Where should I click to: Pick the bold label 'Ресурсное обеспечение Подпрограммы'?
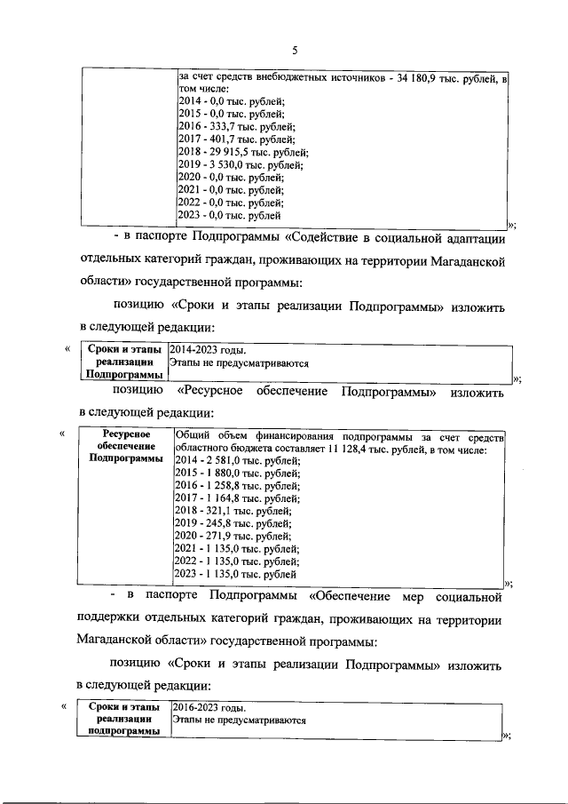(x=126, y=446)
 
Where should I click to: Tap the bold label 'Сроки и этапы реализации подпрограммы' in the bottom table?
(x=126, y=719)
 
